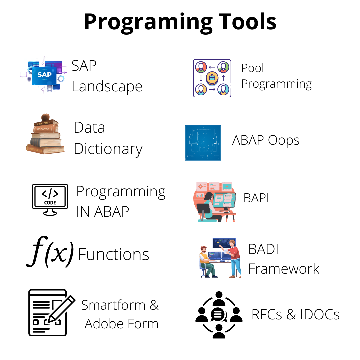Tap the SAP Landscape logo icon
[x=44, y=75]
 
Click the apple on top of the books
[x=45, y=117]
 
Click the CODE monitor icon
[x=50, y=200]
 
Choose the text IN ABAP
[x=102, y=211]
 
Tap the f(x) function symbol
[x=50, y=252]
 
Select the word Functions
[x=114, y=254]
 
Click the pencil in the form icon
[x=61, y=309]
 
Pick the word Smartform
[x=113, y=305]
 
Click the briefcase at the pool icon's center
[x=212, y=78]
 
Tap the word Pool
[x=253, y=68]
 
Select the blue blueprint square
[x=203, y=143]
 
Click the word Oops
[x=284, y=140]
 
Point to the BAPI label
[x=256, y=198]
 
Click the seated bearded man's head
[x=203, y=249]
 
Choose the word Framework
[x=284, y=269]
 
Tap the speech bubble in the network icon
[x=218, y=315]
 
